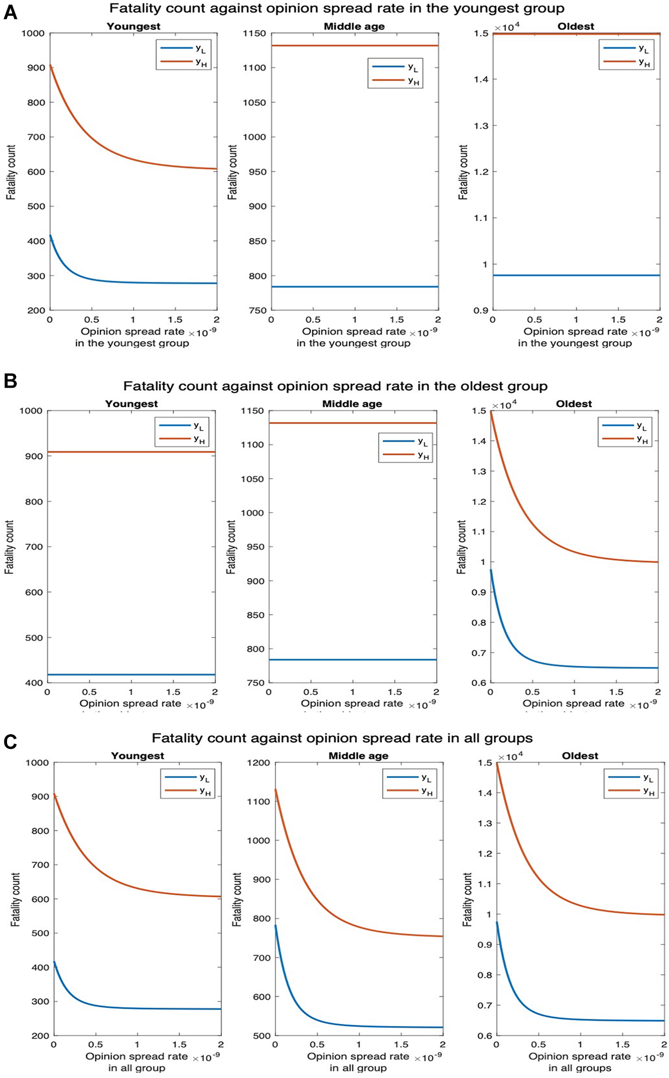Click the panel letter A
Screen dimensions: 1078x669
pos(10,12)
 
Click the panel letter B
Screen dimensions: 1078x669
pos(10,381)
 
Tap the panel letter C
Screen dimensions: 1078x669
pos(10,741)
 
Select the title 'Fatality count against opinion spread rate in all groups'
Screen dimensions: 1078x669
pos(342,738)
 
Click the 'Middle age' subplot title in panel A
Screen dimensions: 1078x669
pos(354,27)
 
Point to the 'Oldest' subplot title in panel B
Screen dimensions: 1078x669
pos(574,404)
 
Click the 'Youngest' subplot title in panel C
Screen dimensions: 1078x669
pos(137,756)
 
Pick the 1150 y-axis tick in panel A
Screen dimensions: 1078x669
pos(255,34)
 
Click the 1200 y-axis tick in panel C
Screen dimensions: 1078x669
pos(259,763)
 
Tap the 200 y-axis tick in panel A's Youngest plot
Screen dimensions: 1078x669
pos(36,311)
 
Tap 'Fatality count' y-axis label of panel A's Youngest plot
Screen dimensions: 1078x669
pos(11,172)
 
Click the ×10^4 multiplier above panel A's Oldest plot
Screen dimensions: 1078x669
pos(507,27)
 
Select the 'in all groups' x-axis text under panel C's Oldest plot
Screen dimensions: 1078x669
pos(579,1068)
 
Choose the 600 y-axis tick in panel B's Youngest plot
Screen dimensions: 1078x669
pos(34,593)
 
